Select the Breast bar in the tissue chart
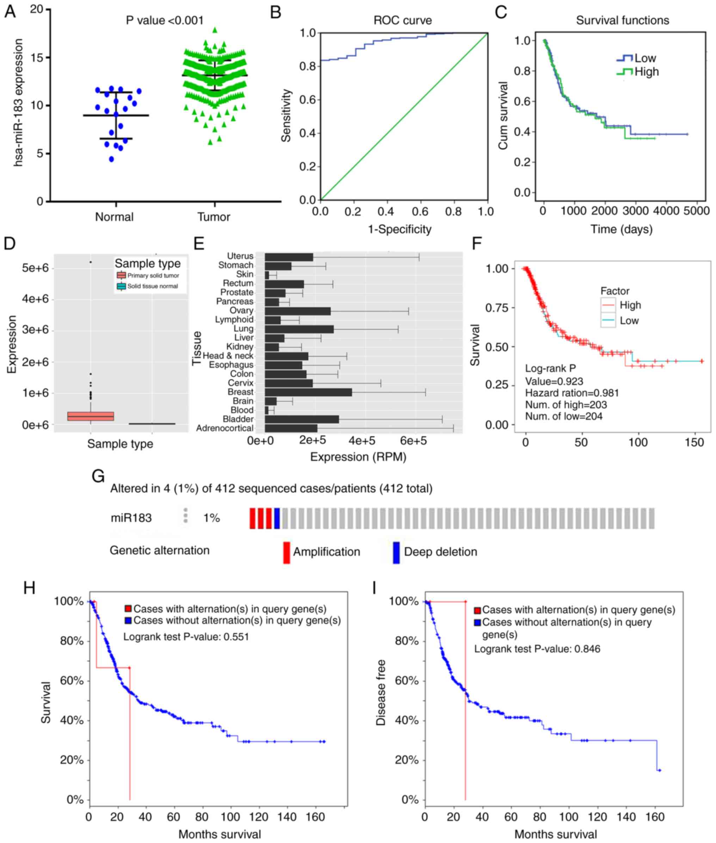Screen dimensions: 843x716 tap(308, 392)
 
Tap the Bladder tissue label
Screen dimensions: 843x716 tap(238, 419)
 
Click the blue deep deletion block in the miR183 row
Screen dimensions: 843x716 tap(277, 518)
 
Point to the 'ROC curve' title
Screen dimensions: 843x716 tap(402, 21)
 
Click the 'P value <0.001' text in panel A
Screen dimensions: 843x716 tap(165, 20)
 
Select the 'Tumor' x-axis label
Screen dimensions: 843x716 tap(214, 217)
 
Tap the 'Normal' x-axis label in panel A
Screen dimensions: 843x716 tap(114, 217)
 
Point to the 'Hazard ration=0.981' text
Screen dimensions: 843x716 tap(572, 393)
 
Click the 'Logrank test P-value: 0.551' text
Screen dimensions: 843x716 tap(186, 637)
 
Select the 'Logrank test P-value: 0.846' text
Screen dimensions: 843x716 tap(537, 649)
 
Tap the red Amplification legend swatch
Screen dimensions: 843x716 tap(286, 552)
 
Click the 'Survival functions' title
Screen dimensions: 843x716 tap(622, 21)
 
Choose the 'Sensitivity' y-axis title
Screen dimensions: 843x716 tap(286, 115)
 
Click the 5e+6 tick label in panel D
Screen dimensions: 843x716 tap(35, 268)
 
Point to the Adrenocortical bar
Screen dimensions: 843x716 tap(291, 429)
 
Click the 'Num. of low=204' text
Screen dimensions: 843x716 tap(563, 416)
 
